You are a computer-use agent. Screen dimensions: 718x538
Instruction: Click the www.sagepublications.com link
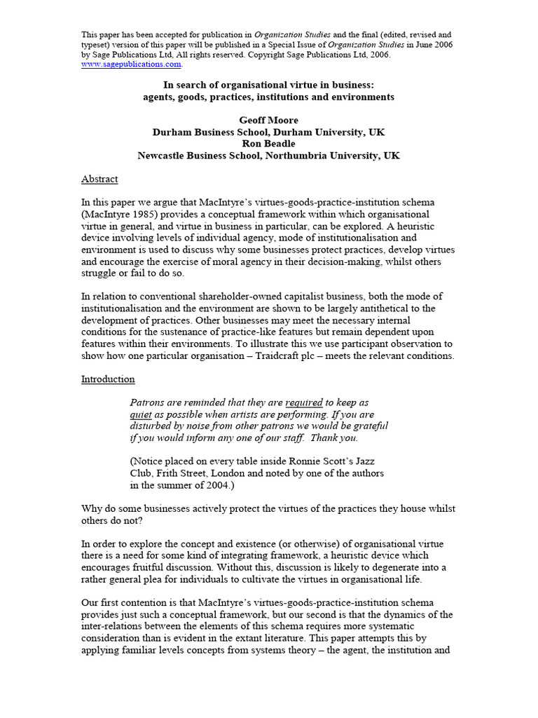pos(132,64)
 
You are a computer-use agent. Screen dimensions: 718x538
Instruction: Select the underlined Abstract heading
pos(99,179)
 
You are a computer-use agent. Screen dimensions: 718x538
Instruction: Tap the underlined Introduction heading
pos(108,379)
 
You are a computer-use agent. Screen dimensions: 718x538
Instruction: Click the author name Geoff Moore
pos(269,121)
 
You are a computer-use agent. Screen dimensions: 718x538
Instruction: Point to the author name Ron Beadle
pos(269,144)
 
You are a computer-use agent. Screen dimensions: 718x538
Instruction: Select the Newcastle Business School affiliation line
pos(269,156)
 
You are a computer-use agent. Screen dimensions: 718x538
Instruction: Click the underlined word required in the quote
pos(304,402)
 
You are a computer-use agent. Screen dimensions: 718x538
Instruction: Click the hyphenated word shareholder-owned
pos(253,297)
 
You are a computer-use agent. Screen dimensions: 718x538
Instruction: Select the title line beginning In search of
pos(269,86)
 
